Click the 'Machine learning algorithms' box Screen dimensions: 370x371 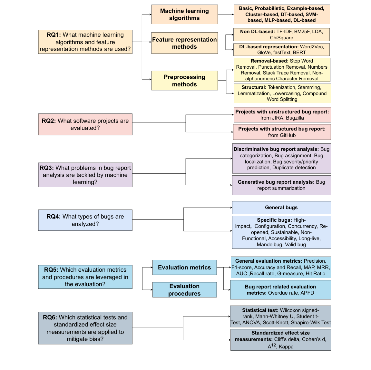click(x=184, y=15)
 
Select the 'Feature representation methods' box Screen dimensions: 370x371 click(x=184, y=43)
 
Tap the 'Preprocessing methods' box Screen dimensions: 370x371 click(x=184, y=81)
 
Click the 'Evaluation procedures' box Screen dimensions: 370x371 click(x=184, y=290)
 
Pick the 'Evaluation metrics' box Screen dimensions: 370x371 click(x=184, y=268)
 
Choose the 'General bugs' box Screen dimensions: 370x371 click(x=281, y=208)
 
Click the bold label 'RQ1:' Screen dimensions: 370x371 click(x=54, y=35)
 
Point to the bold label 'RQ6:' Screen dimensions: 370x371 click(x=50, y=317)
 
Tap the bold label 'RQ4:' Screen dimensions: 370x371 click(x=54, y=217)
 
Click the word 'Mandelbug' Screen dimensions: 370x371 click(x=269, y=245)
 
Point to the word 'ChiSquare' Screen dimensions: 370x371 click(x=281, y=38)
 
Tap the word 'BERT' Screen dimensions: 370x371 click(x=299, y=53)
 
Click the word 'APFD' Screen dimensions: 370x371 click(x=307, y=293)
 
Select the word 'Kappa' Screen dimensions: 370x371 click(x=286, y=347)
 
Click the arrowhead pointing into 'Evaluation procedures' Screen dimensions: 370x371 click(x=151, y=290)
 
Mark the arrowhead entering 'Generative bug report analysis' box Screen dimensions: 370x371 click(x=231, y=185)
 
